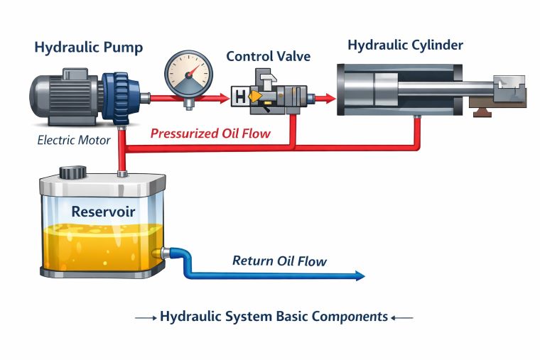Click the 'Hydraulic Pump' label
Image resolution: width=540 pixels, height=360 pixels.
(89, 48)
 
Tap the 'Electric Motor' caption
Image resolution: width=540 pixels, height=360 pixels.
(74, 140)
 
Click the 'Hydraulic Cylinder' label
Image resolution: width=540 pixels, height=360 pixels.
(405, 45)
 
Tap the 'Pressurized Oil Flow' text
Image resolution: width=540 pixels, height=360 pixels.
(210, 133)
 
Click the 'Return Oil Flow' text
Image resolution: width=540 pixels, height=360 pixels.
(279, 261)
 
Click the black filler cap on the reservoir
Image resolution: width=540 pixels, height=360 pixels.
(72, 173)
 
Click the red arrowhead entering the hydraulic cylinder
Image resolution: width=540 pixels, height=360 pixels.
(328, 98)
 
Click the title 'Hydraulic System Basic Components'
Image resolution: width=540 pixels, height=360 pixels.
(274, 317)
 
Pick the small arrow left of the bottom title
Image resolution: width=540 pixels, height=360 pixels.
(146, 317)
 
